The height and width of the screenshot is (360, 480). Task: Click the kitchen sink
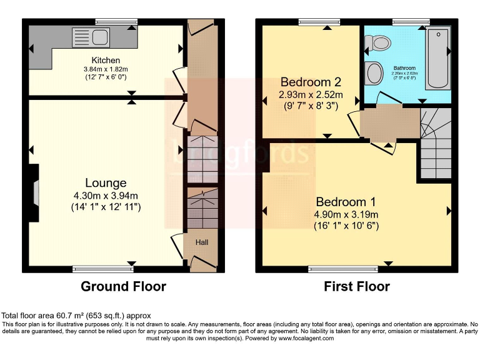[82, 37]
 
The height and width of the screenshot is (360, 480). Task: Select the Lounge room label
[106, 183]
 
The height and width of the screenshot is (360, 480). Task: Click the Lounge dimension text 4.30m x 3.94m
[106, 195]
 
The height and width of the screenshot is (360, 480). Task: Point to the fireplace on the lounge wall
[34, 192]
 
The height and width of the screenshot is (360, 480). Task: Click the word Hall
[202, 242]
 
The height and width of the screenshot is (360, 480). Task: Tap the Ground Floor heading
[123, 286]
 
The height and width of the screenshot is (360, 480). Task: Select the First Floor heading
[356, 286]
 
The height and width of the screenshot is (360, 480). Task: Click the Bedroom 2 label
[310, 82]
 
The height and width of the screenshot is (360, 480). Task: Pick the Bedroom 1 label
[346, 202]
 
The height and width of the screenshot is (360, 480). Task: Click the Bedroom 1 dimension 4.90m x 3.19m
[346, 214]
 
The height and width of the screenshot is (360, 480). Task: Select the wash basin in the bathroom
[374, 72]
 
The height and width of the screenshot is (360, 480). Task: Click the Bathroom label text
[404, 67]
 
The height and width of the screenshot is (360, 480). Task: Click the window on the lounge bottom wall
[103, 269]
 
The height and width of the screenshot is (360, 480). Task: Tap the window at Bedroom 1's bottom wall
[343, 269]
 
